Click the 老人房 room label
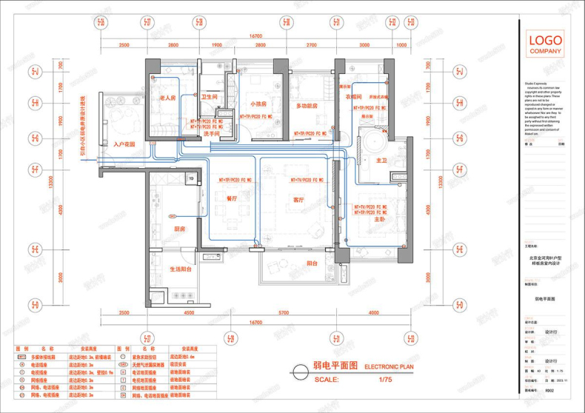coord(167,98)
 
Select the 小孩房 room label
coord(258,104)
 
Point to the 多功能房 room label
coord(307,106)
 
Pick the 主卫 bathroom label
coord(382,160)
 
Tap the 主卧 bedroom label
coord(379,219)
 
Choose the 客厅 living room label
coord(299,200)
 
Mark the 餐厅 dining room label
coord(231,198)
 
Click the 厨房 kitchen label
coord(178,229)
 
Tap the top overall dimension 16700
coord(257,36)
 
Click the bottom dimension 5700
coord(304,313)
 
